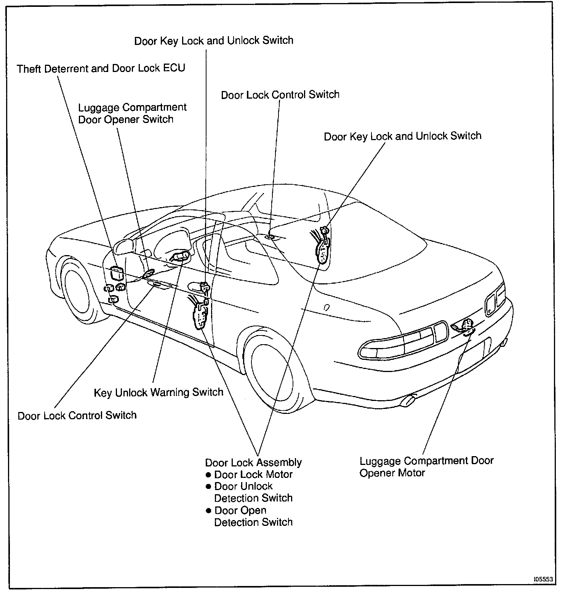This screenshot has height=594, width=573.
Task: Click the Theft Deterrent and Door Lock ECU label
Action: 101,69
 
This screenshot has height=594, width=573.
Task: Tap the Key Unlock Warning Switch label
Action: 158,392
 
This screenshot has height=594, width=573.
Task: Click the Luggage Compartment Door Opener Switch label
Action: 132,113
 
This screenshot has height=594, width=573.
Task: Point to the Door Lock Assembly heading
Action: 253,463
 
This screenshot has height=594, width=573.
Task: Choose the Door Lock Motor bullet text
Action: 253,474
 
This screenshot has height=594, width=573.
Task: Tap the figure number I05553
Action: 543,579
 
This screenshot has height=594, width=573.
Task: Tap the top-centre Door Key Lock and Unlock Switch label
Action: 214,40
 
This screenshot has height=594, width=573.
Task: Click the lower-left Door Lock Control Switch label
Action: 77,415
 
